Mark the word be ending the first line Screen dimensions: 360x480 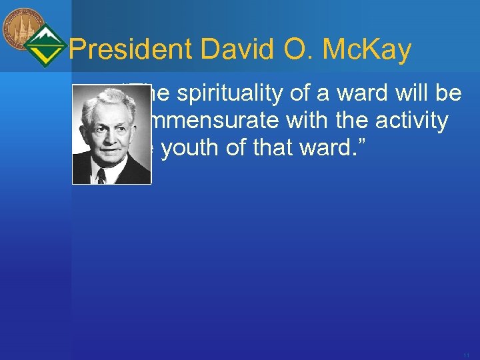(x=449, y=94)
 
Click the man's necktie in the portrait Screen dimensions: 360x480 (x=101, y=175)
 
